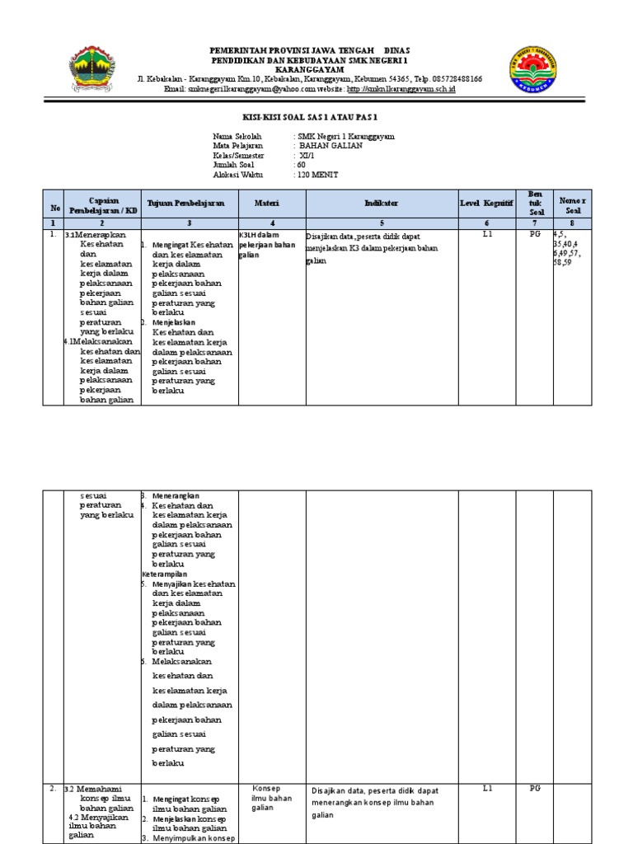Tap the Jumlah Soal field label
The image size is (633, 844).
236,165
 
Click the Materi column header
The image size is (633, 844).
272,202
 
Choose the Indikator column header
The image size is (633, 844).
381,202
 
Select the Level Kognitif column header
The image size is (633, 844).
486,202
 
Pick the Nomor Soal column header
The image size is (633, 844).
570,203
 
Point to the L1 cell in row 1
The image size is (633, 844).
486,235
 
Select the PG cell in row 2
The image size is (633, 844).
534,789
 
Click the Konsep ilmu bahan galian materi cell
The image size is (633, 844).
272,797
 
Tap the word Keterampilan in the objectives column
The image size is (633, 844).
165,573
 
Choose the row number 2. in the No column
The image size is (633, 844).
52,789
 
